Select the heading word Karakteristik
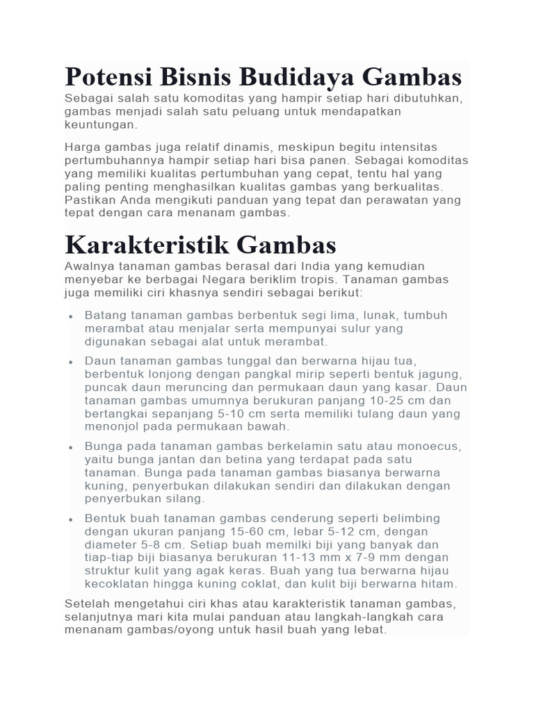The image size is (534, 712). tap(145, 245)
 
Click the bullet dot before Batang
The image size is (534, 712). tap(72, 316)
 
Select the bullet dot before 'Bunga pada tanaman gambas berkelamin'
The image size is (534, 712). tap(72, 447)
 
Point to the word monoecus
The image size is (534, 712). tap(431, 446)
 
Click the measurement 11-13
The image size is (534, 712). tap(309, 558)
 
